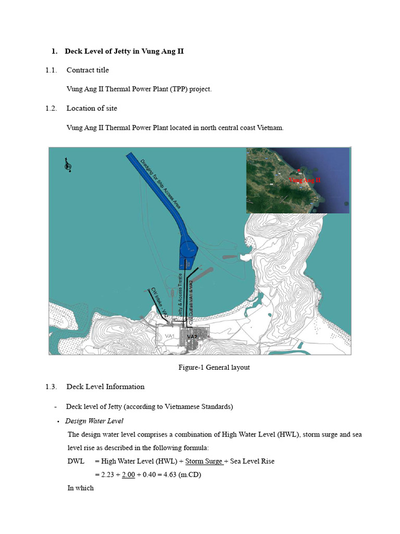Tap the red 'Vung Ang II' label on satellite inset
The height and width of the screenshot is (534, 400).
point(305,180)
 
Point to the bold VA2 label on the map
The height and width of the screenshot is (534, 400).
point(192,337)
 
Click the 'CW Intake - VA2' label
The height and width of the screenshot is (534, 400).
point(159,301)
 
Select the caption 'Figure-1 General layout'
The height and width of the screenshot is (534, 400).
point(214,368)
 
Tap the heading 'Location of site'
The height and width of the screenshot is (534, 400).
point(92,108)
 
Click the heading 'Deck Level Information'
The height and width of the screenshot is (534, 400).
point(105,387)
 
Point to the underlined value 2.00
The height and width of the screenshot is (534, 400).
point(128,475)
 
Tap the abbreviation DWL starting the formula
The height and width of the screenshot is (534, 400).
point(76,461)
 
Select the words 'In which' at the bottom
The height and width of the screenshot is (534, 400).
point(81,488)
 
